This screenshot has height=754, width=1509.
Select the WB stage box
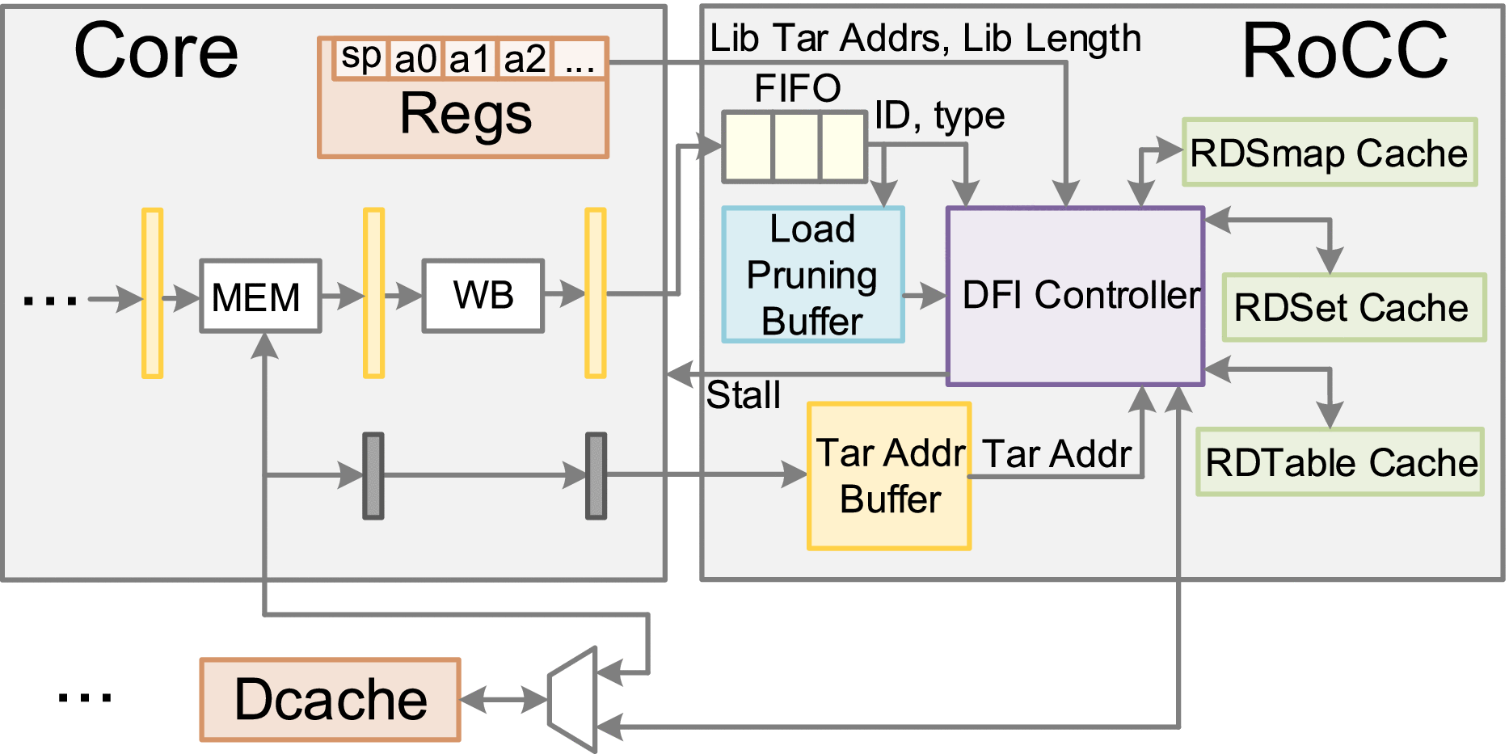click(483, 296)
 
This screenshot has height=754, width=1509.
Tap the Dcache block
click(330, 700)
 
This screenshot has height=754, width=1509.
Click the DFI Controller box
click(1075, 296)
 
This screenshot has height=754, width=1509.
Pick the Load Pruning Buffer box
click(812, 275)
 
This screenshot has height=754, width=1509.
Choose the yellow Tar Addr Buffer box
click(888, 477)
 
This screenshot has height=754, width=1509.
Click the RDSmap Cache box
click(1330, 153)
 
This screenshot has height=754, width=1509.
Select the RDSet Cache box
click(1354, 308)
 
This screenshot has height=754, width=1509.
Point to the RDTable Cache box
click(1340, 462)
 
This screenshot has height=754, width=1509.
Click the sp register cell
click(360, 58)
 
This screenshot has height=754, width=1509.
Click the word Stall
click(743, 396)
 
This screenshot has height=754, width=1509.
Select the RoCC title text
click(1344, 51)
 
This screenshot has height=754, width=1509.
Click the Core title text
click(156, 51)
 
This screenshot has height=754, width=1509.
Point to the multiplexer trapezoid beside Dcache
click(573, 700)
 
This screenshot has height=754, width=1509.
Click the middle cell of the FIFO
click(796, 147)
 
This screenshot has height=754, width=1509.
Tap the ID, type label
click(939, 116)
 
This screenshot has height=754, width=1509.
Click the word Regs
click(466, 114)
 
